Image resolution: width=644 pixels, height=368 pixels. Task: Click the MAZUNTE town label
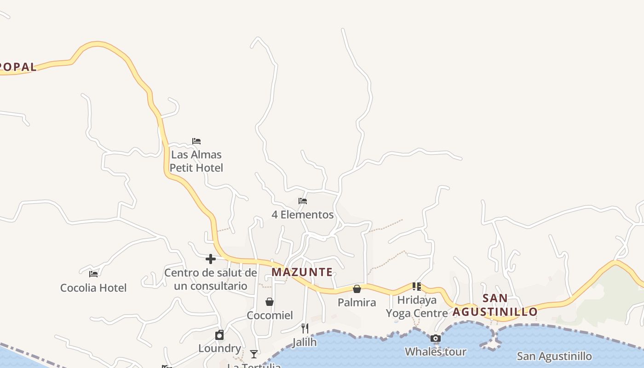point(302,272)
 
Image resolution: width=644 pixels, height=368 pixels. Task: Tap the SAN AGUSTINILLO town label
point(495,305)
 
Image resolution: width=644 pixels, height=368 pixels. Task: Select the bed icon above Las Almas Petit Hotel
point(196,141)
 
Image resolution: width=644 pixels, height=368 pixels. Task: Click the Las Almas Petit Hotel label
point(196,161)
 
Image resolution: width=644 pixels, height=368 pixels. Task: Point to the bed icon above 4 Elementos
point(303,201)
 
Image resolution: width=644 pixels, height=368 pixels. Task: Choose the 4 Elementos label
point(303,215)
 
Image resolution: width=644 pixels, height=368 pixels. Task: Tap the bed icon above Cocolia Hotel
point(93,274)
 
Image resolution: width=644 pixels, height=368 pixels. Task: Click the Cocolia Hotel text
point(93,288)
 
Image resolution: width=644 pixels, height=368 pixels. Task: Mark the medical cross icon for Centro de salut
point(211,259)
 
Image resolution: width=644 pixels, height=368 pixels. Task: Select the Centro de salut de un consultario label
point(211,279)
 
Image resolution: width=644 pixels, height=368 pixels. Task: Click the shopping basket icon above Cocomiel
point(270,302)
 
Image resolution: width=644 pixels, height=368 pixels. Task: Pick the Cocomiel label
point(270,316)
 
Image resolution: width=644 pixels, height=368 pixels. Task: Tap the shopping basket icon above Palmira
point(357,289)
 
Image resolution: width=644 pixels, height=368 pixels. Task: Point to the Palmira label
point(357,303)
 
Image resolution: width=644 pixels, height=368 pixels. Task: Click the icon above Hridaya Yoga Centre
point(417,287)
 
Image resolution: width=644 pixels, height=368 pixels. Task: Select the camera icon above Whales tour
point(436,339)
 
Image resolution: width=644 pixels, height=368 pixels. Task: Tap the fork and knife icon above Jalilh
point(305,328)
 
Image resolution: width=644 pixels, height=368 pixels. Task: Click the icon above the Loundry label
point(219,335)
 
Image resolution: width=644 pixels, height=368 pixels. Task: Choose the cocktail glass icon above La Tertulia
point(254,354)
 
